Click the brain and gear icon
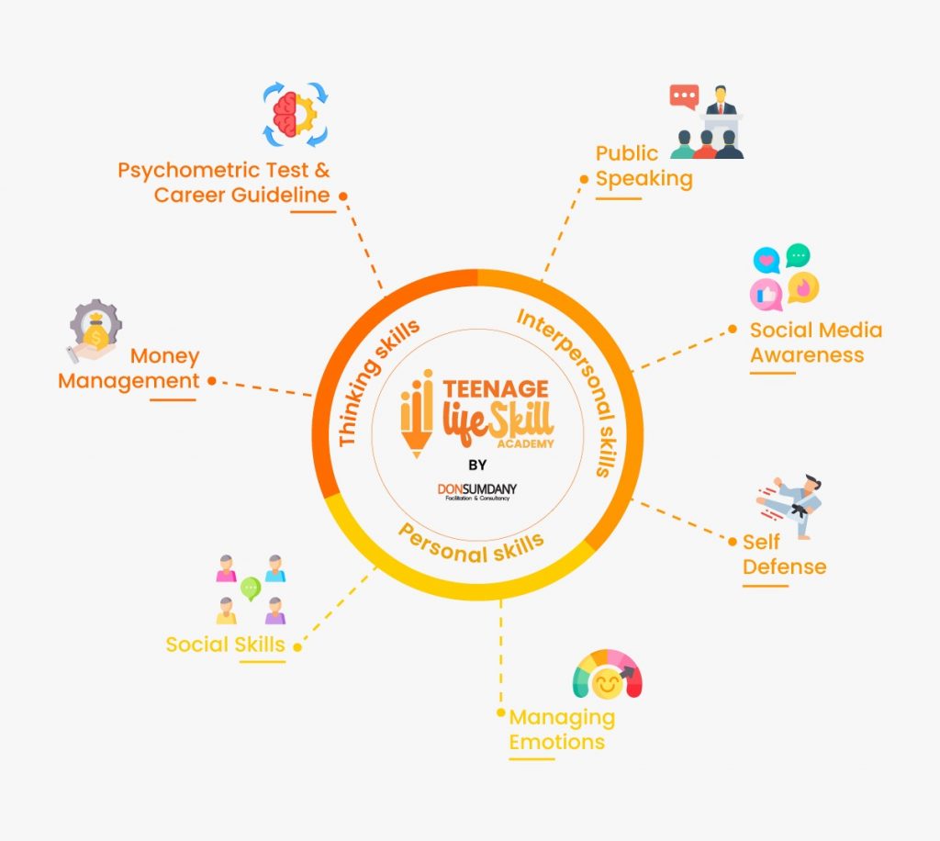tap(296, 116)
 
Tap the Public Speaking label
tap(643, 166)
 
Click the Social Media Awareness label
tap(815, 342)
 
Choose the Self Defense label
tap(784, 555)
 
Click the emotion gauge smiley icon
tap(607, 678)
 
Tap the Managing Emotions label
tap(562, 729)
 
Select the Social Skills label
tap(225, 645)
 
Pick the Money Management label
tap(129, 368)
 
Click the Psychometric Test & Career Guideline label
tap(223, 183)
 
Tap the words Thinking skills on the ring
tap(377, 382)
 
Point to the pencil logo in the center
tap(416, 414)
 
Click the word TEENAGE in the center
tap(496, 389)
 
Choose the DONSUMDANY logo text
tap(476, 488)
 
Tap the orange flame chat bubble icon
tap(803, 287)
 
